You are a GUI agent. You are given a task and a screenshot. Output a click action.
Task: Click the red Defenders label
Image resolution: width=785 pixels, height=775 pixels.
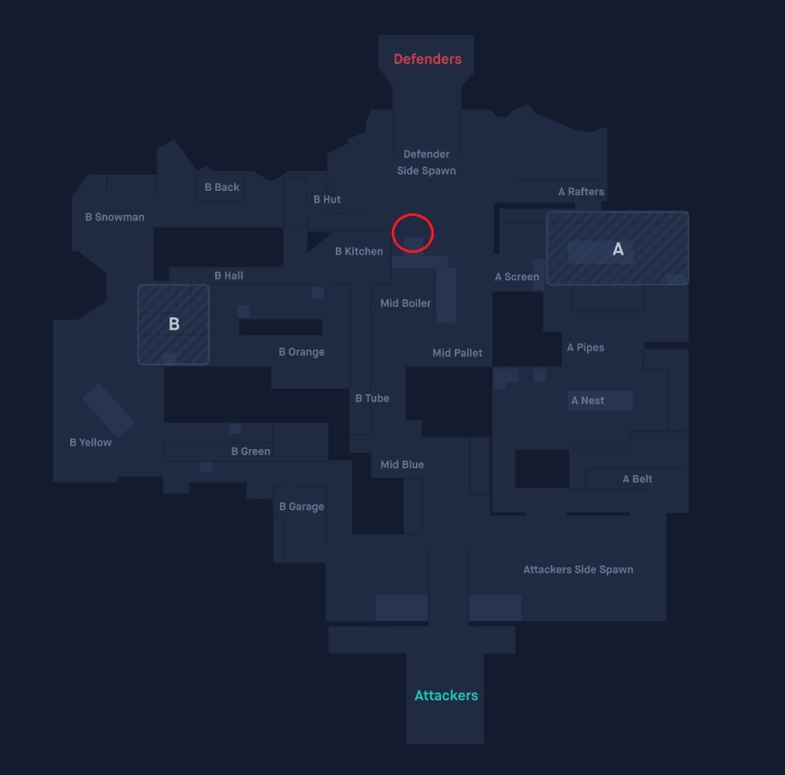[x=428, y=59]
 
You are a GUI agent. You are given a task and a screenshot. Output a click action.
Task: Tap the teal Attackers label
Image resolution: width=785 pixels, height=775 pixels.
[x=447, y=696]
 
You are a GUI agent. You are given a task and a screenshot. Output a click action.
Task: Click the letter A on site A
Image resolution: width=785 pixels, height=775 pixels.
[x=618, y=248]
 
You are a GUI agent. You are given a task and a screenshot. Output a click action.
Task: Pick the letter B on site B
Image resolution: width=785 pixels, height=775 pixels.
[x=174, y=324]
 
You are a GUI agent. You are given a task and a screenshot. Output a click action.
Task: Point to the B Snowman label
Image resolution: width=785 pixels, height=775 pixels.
[x=114, y=217]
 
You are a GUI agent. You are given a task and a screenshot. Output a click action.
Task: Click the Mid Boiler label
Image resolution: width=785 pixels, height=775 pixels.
[x=405, y=303]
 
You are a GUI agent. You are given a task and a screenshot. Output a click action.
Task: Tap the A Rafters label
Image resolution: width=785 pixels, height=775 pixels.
[x=582, y=192]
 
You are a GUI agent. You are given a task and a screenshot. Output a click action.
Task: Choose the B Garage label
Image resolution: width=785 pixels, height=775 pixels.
[x=302, y=507]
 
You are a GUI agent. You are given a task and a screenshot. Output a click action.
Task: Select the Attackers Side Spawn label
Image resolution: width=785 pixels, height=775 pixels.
[x=578, y=569]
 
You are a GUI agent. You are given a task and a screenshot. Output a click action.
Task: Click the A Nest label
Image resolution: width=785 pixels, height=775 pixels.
[x=588, y=401]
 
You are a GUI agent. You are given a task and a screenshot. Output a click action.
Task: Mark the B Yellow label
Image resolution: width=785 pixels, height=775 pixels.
[x=91, y=442]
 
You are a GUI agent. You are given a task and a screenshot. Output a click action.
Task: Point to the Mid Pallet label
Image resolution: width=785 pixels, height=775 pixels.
[x=457, y=353]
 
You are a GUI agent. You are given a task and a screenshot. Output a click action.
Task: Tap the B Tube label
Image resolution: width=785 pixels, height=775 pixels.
[x=373, y=398]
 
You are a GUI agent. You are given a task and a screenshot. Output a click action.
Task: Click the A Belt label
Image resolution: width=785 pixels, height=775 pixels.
[x=637, y=479]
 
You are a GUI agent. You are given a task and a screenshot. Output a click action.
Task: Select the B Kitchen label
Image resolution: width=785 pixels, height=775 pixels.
[x=359, y=251]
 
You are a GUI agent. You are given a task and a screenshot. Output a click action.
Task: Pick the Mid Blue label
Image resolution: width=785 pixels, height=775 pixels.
[x=402, y=464]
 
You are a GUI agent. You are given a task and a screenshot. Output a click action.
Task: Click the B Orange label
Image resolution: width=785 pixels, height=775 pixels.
[x=302, y=352]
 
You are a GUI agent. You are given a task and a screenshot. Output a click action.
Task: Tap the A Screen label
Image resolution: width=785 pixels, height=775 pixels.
[x=517, y=277]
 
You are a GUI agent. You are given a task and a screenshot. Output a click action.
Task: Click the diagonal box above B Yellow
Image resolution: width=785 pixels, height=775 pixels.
[x=108, y=410]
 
